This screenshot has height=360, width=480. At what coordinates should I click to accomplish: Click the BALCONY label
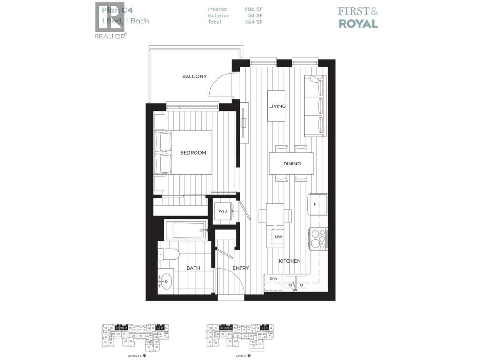(195, 76)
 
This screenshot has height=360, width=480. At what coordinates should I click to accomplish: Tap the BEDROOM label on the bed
(193, 152)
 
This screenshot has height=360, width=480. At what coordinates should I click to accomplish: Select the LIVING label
(277, 106)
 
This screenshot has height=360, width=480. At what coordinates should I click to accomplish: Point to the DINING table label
(292, 164)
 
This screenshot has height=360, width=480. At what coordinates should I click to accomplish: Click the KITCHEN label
(290, 261)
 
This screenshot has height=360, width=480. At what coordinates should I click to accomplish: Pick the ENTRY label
(241, 268)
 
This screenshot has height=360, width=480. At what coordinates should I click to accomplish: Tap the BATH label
(193, 268)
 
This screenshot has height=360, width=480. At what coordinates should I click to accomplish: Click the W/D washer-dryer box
(223, 211)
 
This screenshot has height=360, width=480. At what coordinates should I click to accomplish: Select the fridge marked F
(317, 205)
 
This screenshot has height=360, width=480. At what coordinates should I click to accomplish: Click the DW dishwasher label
(273, 278)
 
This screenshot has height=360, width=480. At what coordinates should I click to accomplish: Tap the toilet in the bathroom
(169, 255)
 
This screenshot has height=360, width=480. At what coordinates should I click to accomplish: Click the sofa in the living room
(314, 105)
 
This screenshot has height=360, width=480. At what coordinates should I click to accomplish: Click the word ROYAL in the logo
(358, 23)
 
